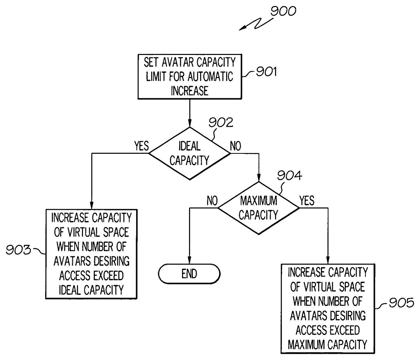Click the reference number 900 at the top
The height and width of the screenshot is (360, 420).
click(x=283, y=12)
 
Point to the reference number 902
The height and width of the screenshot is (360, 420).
click(x=220, y=123)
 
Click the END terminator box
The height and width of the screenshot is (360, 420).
click(x=189, y=274)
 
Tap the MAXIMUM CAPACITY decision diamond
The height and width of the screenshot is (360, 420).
click(x=258, y=208)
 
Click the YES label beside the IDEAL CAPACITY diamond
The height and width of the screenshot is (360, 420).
click(x=141, y=146)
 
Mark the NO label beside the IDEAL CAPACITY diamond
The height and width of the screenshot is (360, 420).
click(x=235, y=146)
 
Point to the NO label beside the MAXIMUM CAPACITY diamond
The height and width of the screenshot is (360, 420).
click(x=212, y=201)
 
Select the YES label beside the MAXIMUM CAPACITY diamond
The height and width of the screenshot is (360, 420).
click(x=307, y=201)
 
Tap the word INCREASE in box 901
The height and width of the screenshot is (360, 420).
click(x=189, y=91)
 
